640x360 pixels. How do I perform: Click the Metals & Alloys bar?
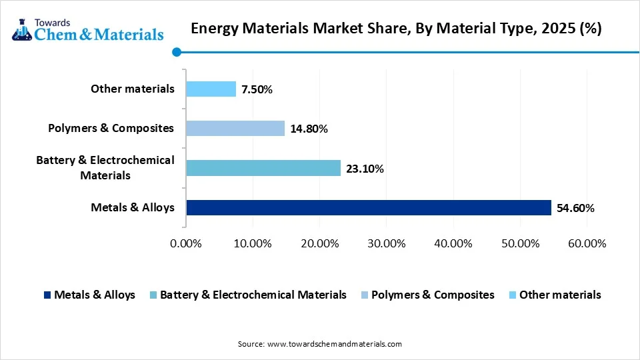[369, 207]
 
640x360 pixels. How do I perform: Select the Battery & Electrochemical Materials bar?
[263, 168]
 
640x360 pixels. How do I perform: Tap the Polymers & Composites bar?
[235, 128]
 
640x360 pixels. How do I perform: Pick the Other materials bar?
[211, 89]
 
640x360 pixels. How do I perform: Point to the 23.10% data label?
[364, 169]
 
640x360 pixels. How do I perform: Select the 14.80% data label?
[308, 129]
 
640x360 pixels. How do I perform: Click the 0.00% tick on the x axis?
[186, 243]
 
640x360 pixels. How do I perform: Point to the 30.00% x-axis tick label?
[386, 243]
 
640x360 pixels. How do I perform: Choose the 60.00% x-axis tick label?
[586, 243]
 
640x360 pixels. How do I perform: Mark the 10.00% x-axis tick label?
[253, 243]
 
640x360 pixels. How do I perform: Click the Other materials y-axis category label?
[133, 89]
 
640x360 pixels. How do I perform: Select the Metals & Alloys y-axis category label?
[133, 207]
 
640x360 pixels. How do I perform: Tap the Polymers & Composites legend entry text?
[433, 295]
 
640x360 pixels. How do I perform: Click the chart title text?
[396, 29]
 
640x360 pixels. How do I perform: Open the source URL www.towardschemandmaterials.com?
[334, 344]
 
